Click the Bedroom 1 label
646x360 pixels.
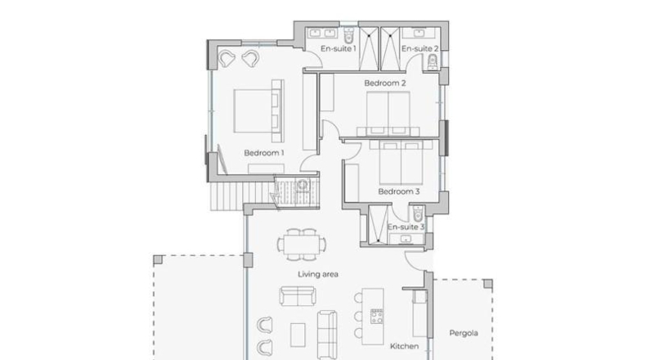(263, 153)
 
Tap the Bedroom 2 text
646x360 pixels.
(385, 83)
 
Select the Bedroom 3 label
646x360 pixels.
(398, 191)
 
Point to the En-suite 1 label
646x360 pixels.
(339, 48)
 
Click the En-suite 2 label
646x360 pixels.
(419, 48)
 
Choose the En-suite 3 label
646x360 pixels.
(406, 227)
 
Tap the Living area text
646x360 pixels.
(318, 274)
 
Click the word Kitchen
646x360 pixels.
(404, 346)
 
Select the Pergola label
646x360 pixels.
(464, 333)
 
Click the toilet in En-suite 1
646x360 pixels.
(349, 34)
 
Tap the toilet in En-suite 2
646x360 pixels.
(432, 63)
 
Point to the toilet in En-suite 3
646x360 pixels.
(417, 214)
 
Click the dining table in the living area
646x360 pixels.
(302, 245)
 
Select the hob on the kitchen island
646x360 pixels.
(376, 317)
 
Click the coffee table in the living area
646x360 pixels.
(298, 335)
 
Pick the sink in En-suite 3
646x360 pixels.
(406, 239)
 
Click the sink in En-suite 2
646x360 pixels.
(419, 33)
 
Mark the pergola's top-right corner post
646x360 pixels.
(488, 284)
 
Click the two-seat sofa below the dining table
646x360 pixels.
(298, 296)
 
